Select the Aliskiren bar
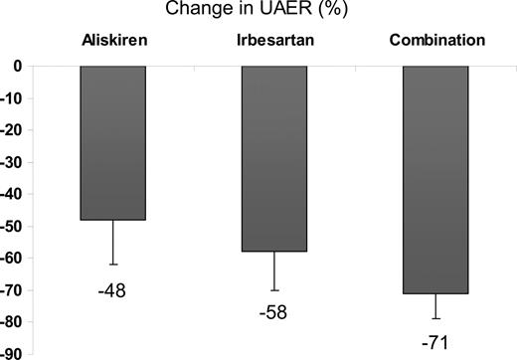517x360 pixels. tap(113, 142)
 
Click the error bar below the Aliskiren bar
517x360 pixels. tap(113, 242)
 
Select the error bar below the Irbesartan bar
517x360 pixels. tap(274, 270)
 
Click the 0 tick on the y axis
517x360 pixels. tap(17, 67)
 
